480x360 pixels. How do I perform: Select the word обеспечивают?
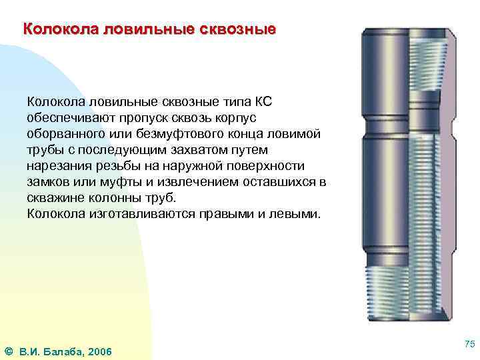pyautogui.click(x=69, y=118)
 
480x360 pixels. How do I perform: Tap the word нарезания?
pyautogui.click(x=55, y=166)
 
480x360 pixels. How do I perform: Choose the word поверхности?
pyautogui.click(x=267, y=166)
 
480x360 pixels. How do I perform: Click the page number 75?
pyautogui.click(x=469, y=343)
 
